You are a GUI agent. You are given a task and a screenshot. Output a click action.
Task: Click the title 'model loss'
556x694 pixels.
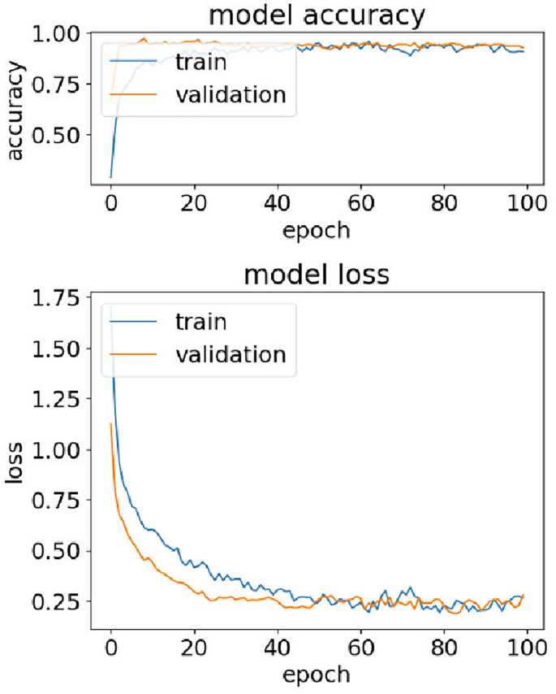click(317, 276)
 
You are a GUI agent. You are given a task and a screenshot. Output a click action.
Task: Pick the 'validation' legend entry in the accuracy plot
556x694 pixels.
click(231, 94)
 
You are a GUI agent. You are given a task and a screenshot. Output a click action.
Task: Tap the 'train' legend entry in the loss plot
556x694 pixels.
click(201, 322)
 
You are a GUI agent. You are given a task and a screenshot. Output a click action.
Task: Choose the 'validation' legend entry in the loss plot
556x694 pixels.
click(231, 354)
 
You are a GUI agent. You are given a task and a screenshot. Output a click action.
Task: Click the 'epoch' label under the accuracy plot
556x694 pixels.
click(317, 230)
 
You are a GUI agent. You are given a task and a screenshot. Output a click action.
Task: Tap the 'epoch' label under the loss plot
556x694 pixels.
click(317, 674)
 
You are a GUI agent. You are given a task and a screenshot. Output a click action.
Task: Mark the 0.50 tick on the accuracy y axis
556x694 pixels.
click(58, 134)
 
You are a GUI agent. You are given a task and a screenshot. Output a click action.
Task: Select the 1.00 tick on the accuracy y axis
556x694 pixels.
click(58, 34)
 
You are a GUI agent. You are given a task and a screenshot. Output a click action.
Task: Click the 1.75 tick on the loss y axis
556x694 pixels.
click(58, 300)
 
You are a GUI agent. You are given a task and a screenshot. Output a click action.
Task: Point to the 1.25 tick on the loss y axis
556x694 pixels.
click(58, 401)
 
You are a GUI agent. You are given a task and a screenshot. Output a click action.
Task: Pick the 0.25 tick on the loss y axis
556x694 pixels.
click(58, 601)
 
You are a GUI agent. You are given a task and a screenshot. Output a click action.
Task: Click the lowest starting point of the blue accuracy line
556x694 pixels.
click(110, 177)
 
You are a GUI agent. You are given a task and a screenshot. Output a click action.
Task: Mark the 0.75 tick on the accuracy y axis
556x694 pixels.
click(58, 85)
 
